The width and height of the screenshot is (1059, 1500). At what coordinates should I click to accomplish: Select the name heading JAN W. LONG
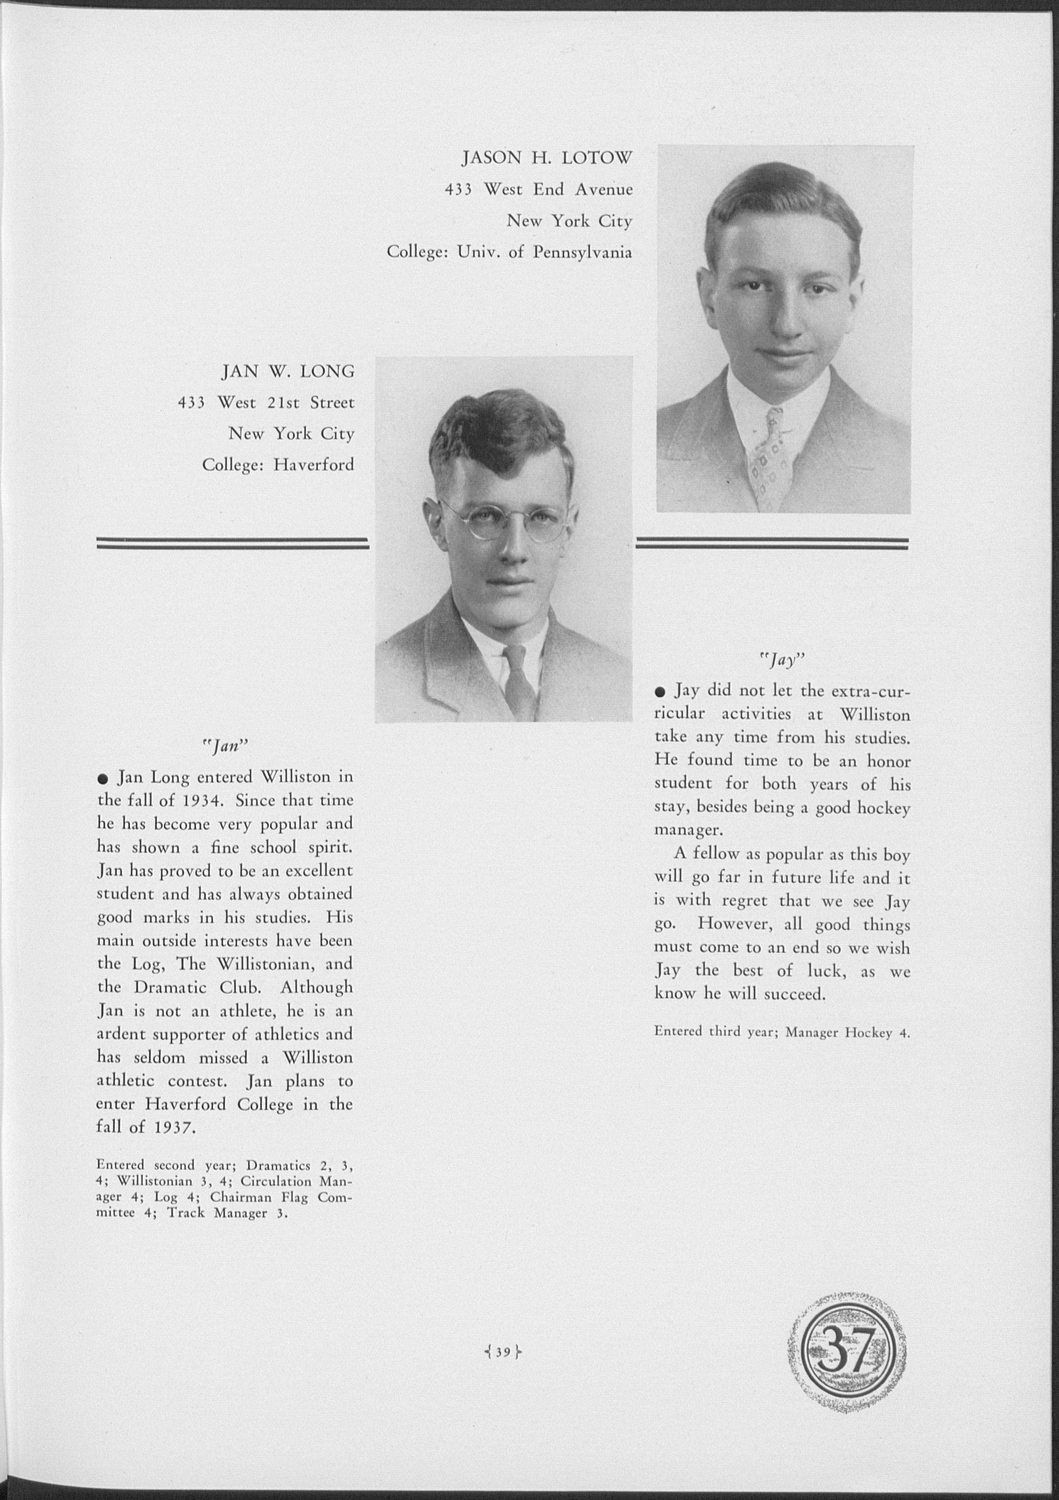coord(288,372)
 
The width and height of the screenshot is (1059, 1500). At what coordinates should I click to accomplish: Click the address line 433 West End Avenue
coord(538,190)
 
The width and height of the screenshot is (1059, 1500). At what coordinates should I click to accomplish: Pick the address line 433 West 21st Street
coord(266,403)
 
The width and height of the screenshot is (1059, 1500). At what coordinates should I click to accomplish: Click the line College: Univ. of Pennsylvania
coord(509,252)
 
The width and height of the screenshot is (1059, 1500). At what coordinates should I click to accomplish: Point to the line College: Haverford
coord(278,465)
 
